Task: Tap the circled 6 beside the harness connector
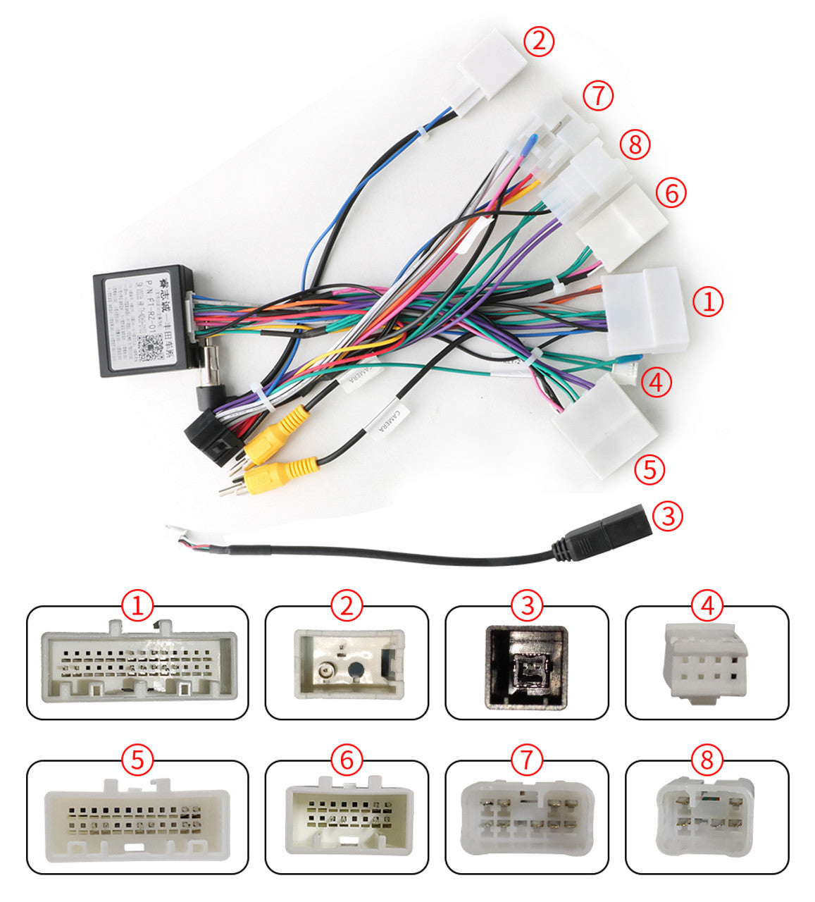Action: tap(671, 192)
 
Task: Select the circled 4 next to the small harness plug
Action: tap(656, 383)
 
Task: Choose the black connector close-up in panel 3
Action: tap(527, 665)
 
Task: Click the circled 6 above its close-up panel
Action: tap(347, 760)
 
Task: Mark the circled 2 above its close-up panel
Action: tap(347, 605)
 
